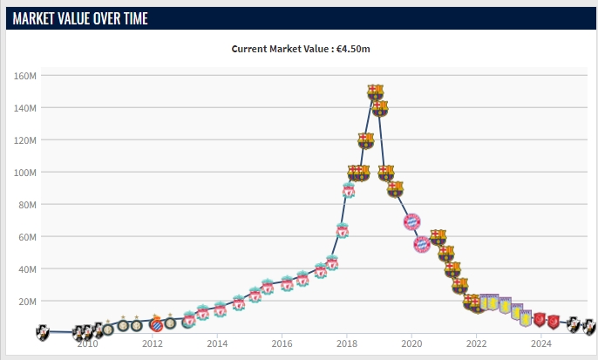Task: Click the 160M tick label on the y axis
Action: pyautogui.click(x=24, y=76)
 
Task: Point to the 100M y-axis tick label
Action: pyautogui.click(x=24, y=173)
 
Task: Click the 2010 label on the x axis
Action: pyautogui.click(x=87, y=343)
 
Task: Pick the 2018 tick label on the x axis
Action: pyautogui.click(x=347, y=343)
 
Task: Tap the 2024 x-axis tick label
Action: pyautogui.click(x=541, y=343)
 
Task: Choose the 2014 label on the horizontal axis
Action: pyautogui.click(x=217, y=343)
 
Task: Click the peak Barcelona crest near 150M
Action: pyautogui.click(x=375, y=91)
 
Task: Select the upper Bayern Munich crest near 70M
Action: pyautogui.click(x=412, y=221)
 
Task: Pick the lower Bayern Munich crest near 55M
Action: pyautogui.click(x=421, y=243)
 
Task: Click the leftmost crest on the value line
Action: pyautogui.click(x=43, y=332)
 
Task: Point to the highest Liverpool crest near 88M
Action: pyautogui.click(x=349, y=191)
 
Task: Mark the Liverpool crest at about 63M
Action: pyautogui.click(x=343, y=231)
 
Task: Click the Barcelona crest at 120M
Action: pyautogui.click(x=366, y=140)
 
